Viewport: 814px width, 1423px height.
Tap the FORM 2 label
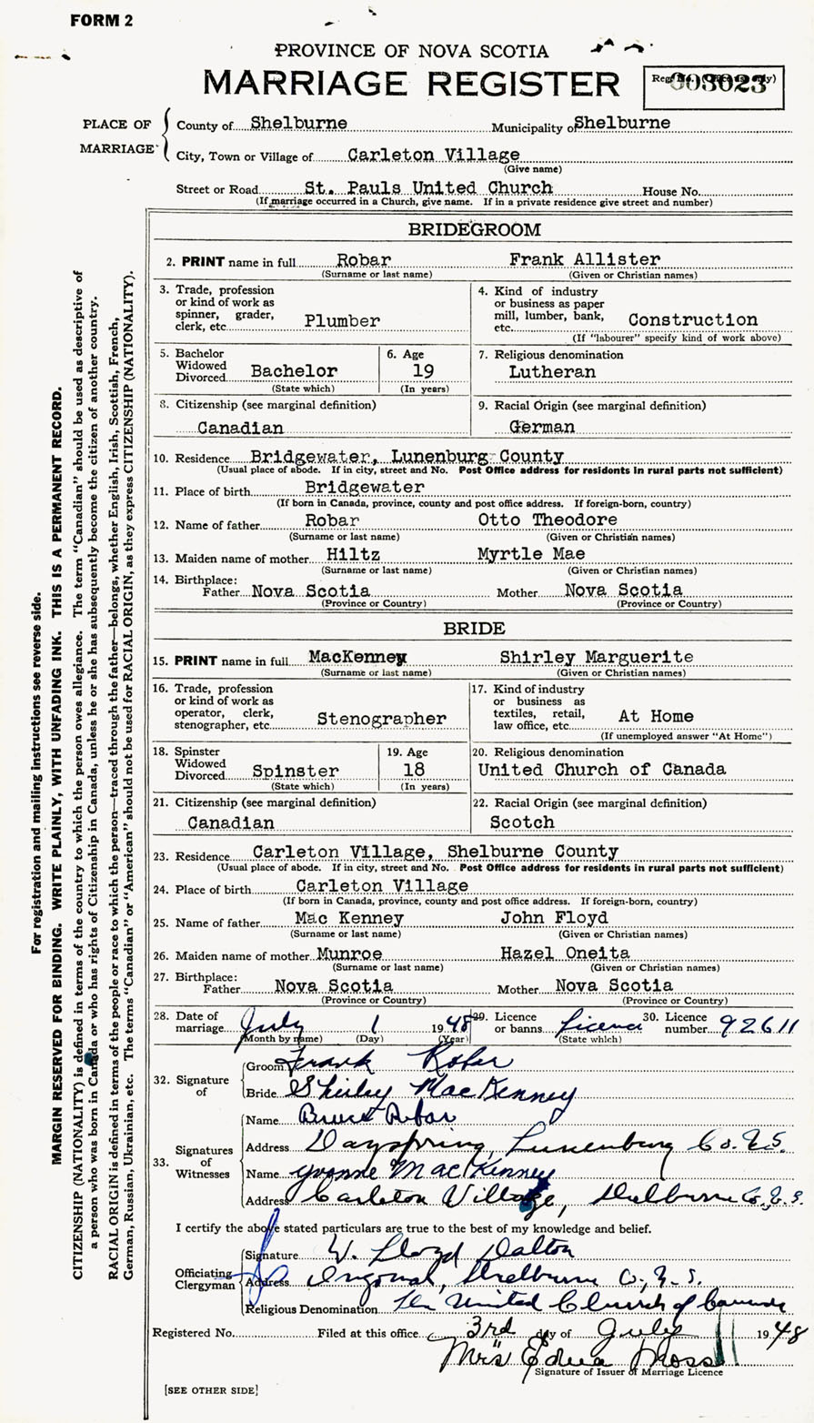(101, 20)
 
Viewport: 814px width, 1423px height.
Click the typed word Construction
(692, 319)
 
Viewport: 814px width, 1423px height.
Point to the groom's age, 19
(423, 370)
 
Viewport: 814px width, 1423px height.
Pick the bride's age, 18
(415, 769)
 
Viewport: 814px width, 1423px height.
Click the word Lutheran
(552, 371)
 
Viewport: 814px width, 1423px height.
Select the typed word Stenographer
(381, 718)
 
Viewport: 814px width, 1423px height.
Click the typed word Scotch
(522, 822)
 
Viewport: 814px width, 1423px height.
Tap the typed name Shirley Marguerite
(602, 656)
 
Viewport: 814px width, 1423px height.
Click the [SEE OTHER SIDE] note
(211, 1389)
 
